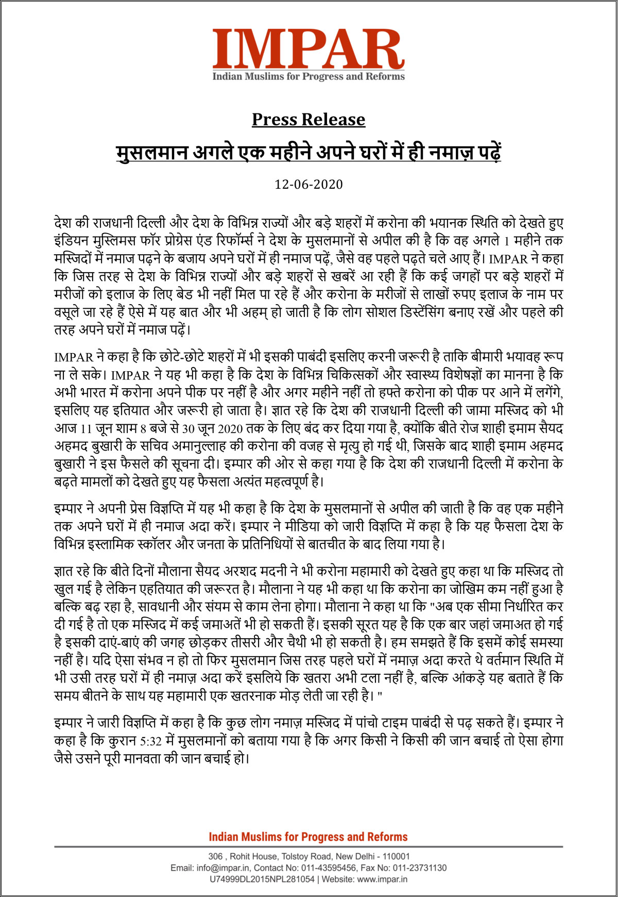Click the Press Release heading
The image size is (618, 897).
click(x=308, y=120)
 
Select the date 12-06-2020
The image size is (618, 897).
click(x=308, y=185)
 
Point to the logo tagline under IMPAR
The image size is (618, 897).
click(x=308, y=77)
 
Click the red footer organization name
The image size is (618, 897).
click(x=308, y=837)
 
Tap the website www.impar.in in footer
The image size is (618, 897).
click(x=382, y=879)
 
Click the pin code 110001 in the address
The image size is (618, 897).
click(x=395, y=856)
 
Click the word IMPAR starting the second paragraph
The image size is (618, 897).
click(x=74, y=357)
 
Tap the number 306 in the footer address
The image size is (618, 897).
click(x=215, y=856)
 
